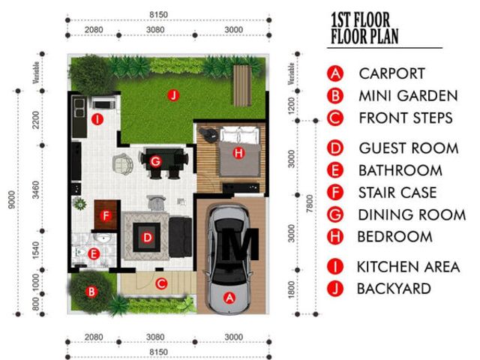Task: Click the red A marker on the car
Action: (x=229, y=298)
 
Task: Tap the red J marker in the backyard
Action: (x=173, y=95)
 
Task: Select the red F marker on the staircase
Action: (x=106, y=216)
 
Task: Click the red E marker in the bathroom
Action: (x=93, y=253)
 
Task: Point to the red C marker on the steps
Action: (x=161, y=283)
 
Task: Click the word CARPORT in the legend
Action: (x=391, y=73)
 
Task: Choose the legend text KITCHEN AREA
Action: (x=408, y=267)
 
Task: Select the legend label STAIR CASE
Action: (x=397, y=193)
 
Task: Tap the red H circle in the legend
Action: (x=335, y=237)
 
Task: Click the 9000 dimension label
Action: (x=12, y=199)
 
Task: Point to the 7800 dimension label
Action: (x=310, y=203)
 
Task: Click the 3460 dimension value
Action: (x=36, y=190)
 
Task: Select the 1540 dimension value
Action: (x=36, y=250)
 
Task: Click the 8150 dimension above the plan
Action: (x=158, y=15)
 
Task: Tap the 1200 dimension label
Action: (x=292, y=106)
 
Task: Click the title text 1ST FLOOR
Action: (x=360, y=19)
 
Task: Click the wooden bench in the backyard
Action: (x=242, y=85)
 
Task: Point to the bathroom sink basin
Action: (x=103, y=238)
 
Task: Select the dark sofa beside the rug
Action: (x=180, y=237)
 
